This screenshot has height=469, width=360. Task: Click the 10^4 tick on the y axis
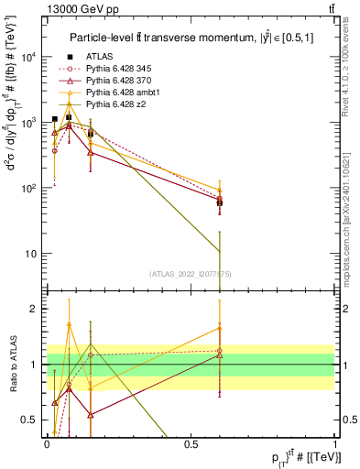coord(31,57)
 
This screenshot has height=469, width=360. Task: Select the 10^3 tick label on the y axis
coord(31,123)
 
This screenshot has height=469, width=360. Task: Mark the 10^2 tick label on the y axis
coord(31,188)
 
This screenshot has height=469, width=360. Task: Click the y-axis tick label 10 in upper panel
coord(33,254)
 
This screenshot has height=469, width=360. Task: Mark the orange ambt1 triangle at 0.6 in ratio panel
coord(220,328)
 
